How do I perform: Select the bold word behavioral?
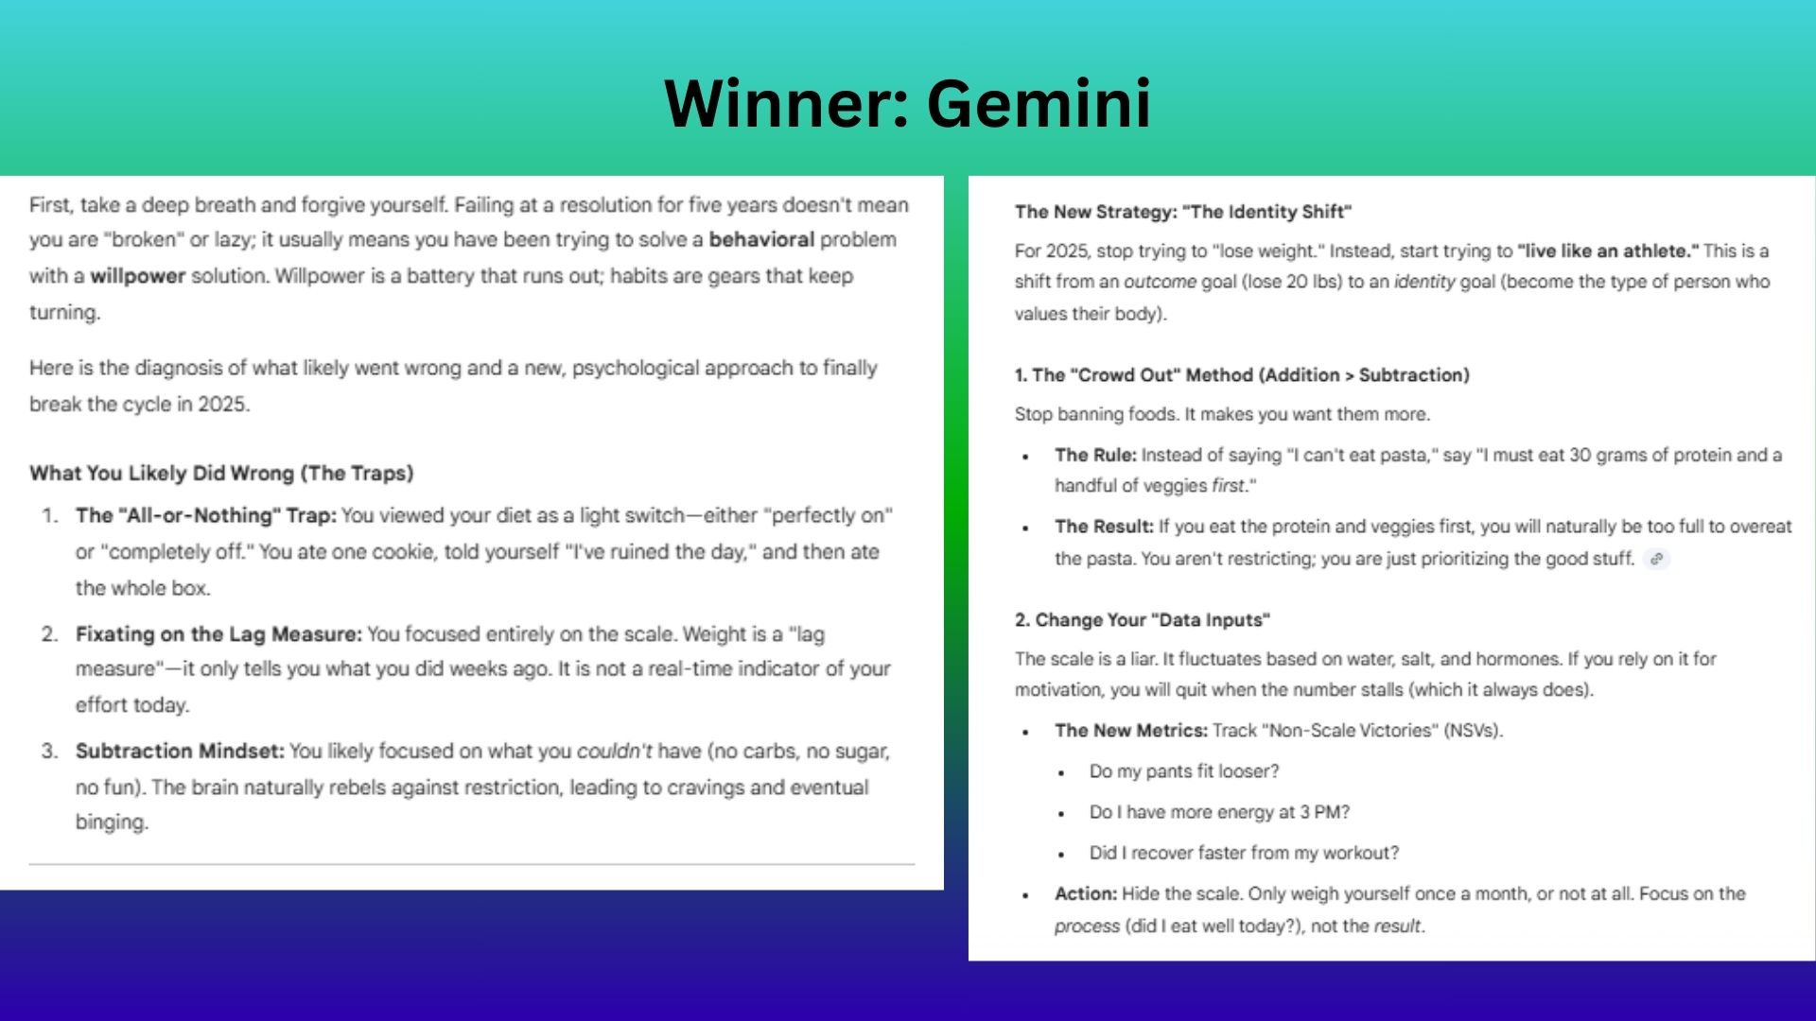(x=761, y=239)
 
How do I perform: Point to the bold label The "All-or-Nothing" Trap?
(x=205, y=515)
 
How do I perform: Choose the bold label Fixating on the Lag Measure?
(x=218, y=633)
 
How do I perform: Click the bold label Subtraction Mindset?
(x=180, y=751)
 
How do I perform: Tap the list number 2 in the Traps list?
(x=49, y=633)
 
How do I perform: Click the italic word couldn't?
(x=614, y=751)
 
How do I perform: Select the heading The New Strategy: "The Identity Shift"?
(x=1182, y=212)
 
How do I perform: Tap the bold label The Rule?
(x=1094, y=455)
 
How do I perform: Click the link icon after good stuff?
(x=1656, y=559)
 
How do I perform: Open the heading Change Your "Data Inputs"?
(x=1142, y=620)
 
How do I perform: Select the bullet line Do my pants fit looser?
(x=1183, y=771)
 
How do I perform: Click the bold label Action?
(x=1085, y=893)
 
